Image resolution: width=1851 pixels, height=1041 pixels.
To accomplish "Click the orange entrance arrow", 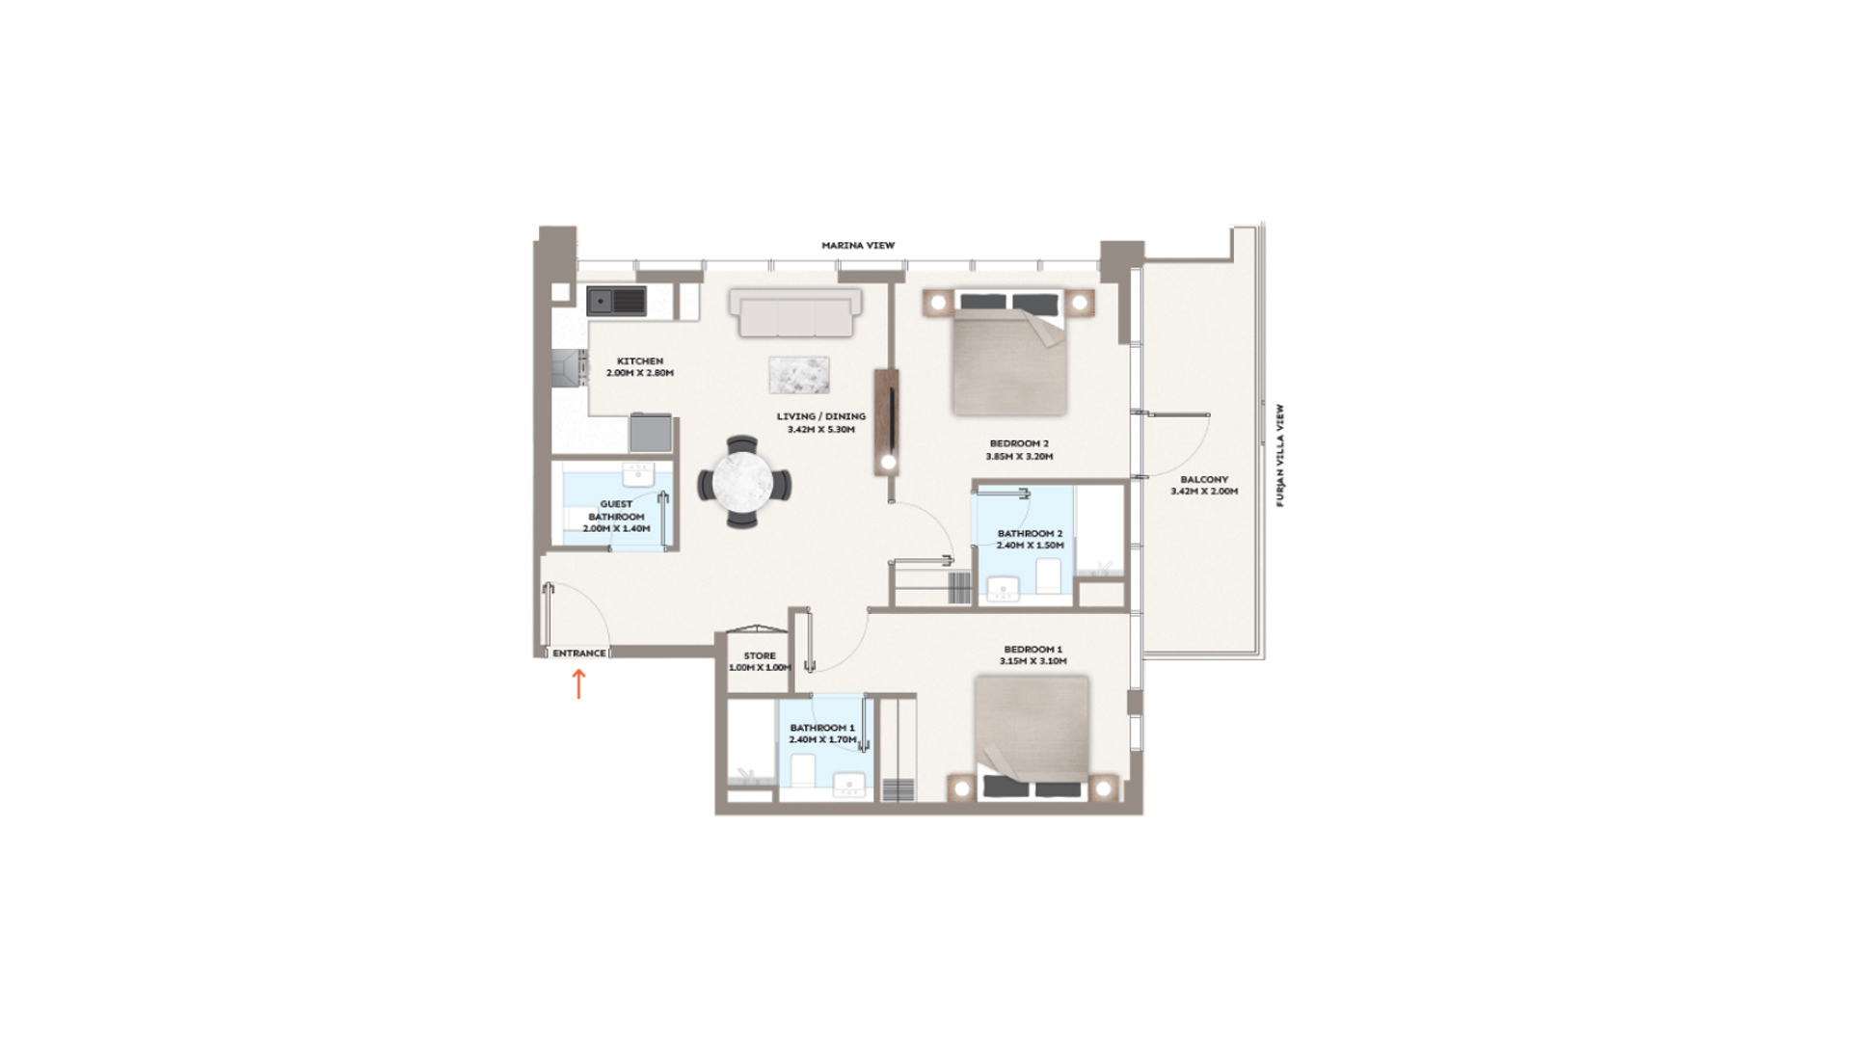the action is tap(578, 683).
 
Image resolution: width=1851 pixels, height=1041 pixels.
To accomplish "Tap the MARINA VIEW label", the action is tap(858, 246).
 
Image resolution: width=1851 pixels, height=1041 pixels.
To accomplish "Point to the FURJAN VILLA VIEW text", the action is tap(1281, 455).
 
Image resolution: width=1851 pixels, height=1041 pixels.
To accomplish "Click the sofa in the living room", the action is tap(795, 312).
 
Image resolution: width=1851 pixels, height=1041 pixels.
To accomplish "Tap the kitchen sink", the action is tap(617, 301).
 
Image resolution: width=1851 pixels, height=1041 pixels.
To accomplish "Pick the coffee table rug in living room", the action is tap(799, 375).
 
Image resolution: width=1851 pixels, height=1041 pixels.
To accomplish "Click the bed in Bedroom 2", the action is tap(1009, 353).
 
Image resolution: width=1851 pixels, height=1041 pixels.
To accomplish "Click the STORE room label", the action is tap(760, 655).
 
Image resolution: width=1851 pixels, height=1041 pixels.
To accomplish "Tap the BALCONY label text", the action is tap(1204, 479).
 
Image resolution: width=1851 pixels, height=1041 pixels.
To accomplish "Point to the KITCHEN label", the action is tap(640, 361).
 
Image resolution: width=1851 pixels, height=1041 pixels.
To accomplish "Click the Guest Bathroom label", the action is tap(617, 510).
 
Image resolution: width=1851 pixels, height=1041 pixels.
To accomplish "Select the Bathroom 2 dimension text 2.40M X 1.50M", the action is tap(1031, 546).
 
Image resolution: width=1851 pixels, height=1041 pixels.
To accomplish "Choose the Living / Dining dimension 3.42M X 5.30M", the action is tap(821, 430).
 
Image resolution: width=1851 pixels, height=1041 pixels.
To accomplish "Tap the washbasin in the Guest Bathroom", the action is tap(638, 474).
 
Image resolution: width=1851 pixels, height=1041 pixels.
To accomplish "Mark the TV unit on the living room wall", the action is tap(887, 422).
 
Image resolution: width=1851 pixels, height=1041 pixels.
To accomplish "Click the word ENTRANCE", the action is tap(579, 654).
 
